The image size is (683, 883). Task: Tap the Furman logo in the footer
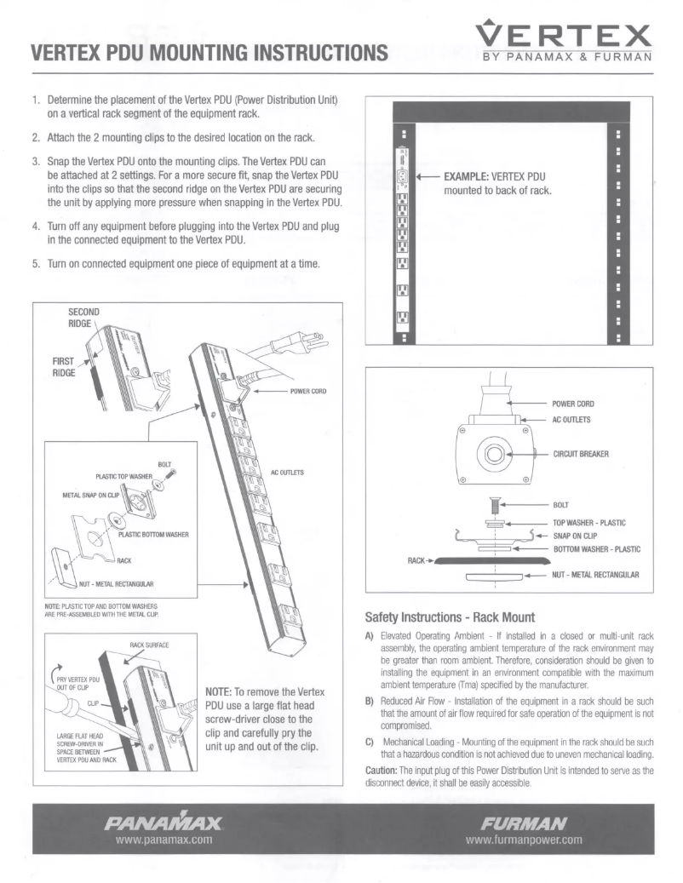(x=524, y=823)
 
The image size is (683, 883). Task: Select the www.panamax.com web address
(x=163, y=839)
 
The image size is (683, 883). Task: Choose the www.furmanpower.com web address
(x=524, y=839)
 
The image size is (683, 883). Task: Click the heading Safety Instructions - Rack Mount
(x=448, y=616)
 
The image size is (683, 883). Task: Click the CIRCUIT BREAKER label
(x=581, y=454)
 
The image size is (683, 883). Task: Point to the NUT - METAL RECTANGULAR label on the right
(x=595, y=575)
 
